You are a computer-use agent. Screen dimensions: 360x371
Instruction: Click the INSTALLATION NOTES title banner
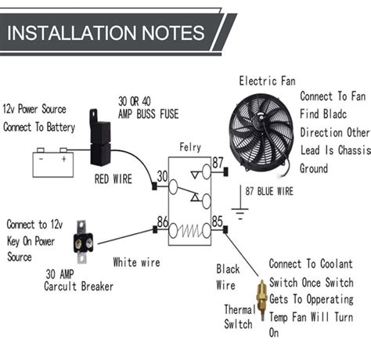click(x=110, y=34)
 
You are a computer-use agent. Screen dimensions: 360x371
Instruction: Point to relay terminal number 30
click(x=161, y=178)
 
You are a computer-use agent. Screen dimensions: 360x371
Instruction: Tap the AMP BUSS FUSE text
click(x=149, y=114)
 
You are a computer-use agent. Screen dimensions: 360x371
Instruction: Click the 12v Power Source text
click(x=34, y=110)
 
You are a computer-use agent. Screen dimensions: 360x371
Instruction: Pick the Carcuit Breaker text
click(x=78, y=286)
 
